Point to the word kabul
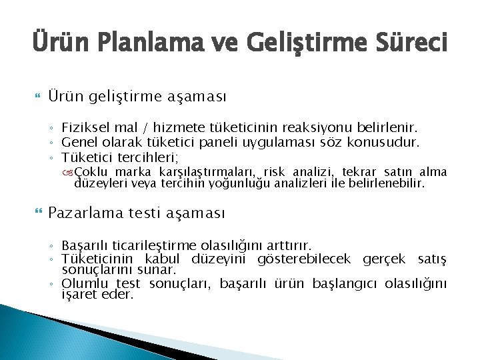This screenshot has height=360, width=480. [x=161, y=259]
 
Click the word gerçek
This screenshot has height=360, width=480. [x=386, y=259]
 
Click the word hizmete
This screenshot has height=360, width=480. [x=175, y=126]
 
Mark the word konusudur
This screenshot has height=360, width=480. [x=386, y=141]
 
